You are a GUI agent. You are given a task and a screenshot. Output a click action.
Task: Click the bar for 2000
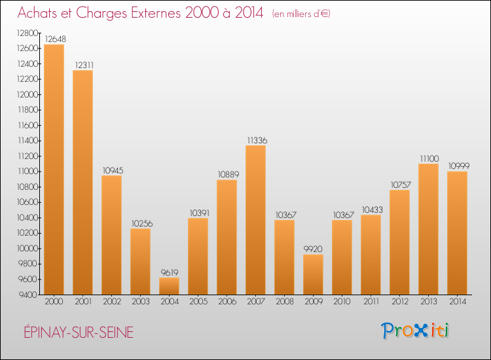click(54, 170)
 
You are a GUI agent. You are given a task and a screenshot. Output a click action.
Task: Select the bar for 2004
click(169, 286)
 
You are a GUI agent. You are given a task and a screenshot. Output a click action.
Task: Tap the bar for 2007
click(255, 220)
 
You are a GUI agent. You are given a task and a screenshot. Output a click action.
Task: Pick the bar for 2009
click(313, 274)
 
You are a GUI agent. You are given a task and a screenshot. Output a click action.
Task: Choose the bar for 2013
click(428, 229)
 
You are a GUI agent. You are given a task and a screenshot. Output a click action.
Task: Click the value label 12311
click(82, 64)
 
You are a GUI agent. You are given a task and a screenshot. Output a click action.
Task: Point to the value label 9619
click(169, 272)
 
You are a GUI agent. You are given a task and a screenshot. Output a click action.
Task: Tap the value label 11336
click(256, 140)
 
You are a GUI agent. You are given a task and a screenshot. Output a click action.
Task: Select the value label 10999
click(458, 166)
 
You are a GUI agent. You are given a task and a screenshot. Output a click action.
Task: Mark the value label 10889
click(227, 174)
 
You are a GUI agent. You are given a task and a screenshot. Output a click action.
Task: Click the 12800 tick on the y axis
click(26, 33)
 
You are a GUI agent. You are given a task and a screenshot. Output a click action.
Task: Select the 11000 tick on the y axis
click(27, 171)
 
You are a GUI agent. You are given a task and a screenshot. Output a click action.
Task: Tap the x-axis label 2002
click(111, 302)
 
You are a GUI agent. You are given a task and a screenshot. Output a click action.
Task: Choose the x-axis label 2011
click(371, 302)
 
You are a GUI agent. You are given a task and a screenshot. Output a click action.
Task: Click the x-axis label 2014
click(457, 302)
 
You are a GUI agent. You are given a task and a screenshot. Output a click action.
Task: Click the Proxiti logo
click(416, 331)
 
